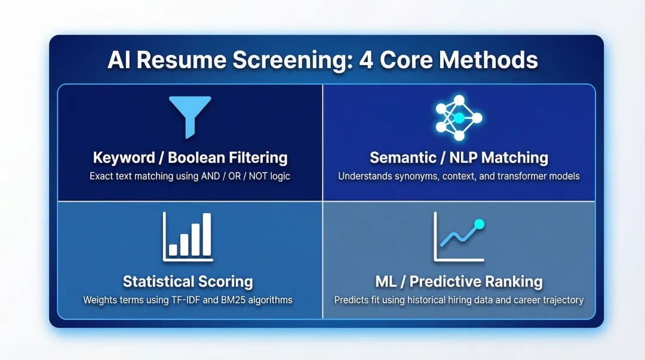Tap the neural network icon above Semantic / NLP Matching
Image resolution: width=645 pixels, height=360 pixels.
[459, 118]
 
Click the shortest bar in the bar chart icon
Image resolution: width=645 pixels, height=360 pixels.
[173, 249]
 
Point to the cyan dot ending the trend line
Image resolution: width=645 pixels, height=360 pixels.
[478, 224]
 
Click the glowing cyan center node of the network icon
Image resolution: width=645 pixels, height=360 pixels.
[459, 118]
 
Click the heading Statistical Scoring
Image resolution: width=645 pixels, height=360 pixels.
[188, 281]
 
